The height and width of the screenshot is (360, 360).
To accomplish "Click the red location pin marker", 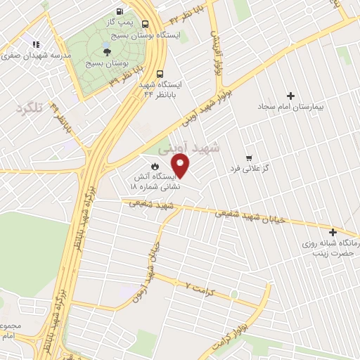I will [x=181, y=167].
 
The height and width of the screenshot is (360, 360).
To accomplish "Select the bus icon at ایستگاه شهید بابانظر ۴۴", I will [x=161, y=72].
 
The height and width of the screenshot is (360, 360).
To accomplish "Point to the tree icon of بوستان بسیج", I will [x=106, y=51].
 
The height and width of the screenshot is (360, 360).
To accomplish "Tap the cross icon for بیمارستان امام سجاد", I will [x=290, y=96].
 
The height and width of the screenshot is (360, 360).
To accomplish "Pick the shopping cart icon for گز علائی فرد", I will [x=248, y=157].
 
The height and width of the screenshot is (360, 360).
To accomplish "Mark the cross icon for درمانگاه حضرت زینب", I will [x=333, y=232].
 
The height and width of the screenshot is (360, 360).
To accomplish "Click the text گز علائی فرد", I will [x=250, y=170].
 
